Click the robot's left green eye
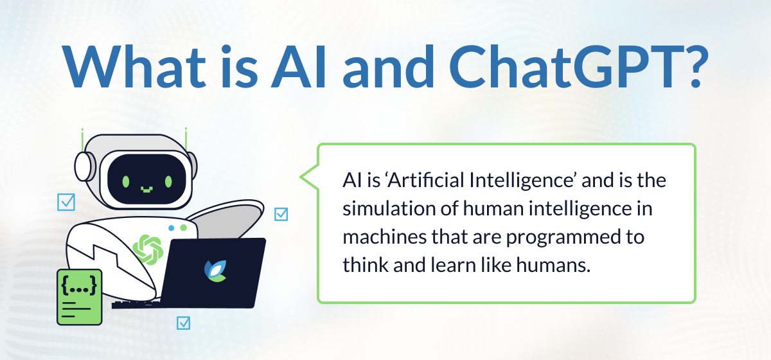126,181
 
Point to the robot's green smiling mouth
146,189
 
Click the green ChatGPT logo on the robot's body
148,250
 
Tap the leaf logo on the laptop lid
215,271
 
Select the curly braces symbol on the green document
79,285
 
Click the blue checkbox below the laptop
184,323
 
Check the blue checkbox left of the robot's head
66,203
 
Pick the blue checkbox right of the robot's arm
281,214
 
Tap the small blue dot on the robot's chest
172,228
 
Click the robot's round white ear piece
83,166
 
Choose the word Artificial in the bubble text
427,180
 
